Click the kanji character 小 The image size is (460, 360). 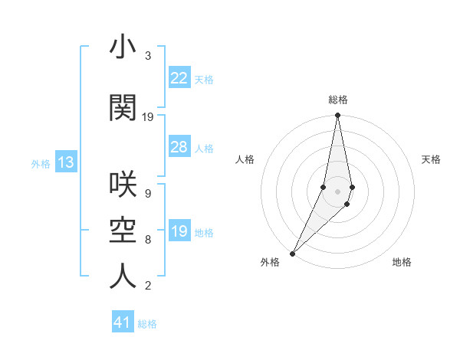tap(123, 47)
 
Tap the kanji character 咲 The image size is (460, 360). tap(123, 185)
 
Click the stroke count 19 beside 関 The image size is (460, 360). tap(148, 116)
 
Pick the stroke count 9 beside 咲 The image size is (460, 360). tap(147, 193)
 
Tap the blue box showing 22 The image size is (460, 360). tap(179, 78)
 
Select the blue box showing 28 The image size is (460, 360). tap(179, 147)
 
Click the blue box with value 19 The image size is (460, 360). tap(179, 231)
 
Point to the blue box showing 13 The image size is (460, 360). tap(65, 162)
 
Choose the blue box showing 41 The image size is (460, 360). tap(123, 323)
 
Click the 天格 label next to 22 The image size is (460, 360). tap(204, 79)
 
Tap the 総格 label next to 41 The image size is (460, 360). tap(147, 324)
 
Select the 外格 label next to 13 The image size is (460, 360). tap(41, 163)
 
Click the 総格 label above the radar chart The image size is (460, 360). tap(337, 100)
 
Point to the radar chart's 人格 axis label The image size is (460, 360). tap(245, 159)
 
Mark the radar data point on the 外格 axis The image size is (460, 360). tap(292, 253)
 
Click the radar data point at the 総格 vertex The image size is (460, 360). tap(337, 116)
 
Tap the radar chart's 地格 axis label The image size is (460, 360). tap(402, 262)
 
